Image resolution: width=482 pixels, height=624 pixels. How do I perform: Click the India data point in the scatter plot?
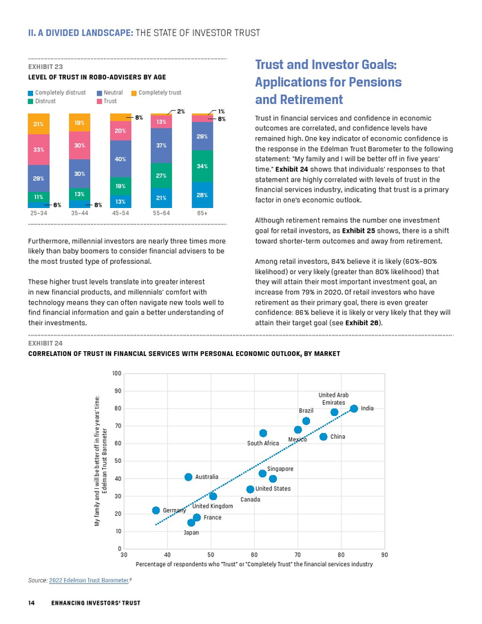coord(354,408)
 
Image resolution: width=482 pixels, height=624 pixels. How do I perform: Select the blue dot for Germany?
coord(156,510)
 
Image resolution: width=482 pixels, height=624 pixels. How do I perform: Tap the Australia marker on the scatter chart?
coord(188,477)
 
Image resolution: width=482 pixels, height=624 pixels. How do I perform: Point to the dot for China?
coord(324,436)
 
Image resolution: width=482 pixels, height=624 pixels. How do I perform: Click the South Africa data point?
coord(263,433)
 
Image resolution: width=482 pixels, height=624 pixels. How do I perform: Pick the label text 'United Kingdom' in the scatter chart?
coord(213,506)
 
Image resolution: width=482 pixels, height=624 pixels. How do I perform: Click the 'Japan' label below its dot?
coord(191,532)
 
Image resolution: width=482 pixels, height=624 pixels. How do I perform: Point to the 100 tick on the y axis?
coord(116,373)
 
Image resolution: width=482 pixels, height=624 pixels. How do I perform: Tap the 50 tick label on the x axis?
coord(211,554)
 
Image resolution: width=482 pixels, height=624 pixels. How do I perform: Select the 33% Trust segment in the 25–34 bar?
coord(39,149)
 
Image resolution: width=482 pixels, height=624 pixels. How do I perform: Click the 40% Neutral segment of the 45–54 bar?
coord(120,159)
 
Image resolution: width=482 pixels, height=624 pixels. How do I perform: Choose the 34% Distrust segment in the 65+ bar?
coord(202,167)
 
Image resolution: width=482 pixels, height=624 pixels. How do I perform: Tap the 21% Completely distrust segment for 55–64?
coord(162,198)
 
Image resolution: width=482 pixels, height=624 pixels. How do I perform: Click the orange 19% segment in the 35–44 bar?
coord(79,123)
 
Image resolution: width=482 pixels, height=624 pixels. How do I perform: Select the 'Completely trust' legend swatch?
coord(134,93)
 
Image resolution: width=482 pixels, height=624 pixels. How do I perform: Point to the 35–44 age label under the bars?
coord(79,214)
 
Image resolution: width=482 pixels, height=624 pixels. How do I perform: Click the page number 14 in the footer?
coord(31,603)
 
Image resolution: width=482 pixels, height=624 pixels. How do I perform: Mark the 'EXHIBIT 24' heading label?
coord(45,342)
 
